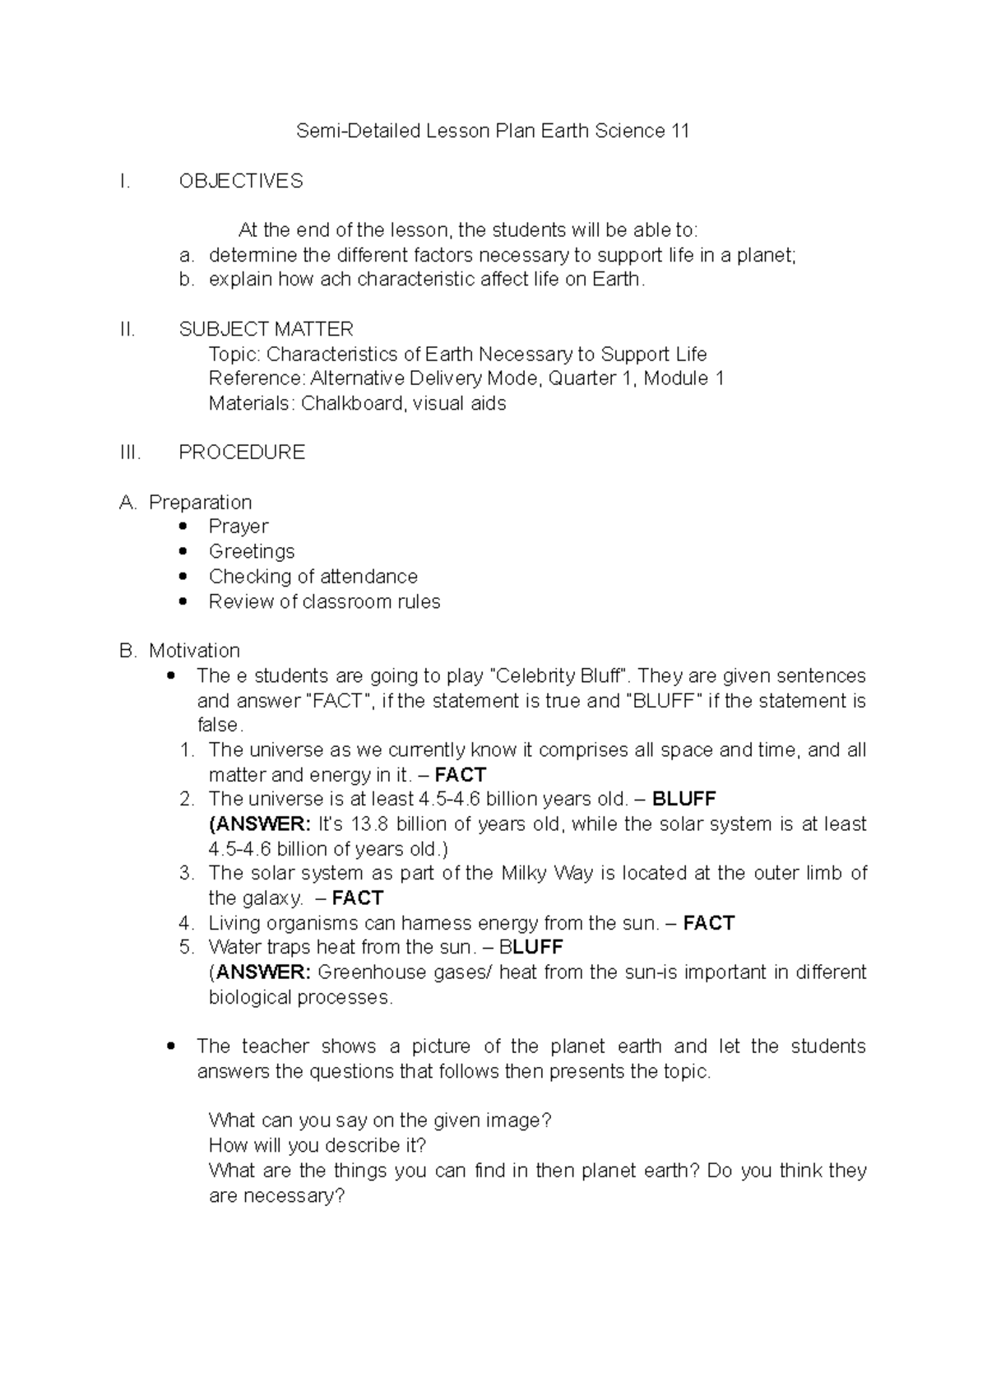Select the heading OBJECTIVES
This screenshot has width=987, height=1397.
(241, 181)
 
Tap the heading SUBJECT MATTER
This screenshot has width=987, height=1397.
(266, 329)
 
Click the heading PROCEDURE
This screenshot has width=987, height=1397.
(242, 453)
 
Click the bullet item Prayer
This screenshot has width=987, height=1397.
(239, 527)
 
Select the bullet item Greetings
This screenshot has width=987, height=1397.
(252, 551)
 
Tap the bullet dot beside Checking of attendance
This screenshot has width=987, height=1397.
(183, 576)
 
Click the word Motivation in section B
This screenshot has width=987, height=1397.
(194, 651)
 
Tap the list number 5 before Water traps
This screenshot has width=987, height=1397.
(186, 947)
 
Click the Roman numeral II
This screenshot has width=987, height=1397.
(127, 329)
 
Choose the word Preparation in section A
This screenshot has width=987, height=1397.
(200, 503)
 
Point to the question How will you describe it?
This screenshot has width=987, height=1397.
(317, 1145)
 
